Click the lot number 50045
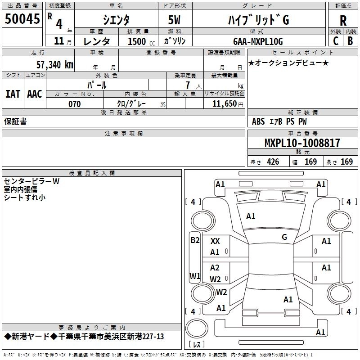tap(22, 19)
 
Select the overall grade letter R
tap(343, 21)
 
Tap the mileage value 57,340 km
tap(54, 65)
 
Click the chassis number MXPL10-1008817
tap(302, 143)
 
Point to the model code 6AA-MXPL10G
tap(258, 41)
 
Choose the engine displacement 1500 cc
tap(141, 41)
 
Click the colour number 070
tap(75, 104)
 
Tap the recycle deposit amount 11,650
tap(224, 104)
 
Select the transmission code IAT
tap(13, 94)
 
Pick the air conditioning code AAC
tap(35, 94)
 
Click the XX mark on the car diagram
tap(215, 241)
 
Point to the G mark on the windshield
tap(284, 237)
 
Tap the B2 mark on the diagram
tap(195, 240)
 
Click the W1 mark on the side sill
tap(195, 276)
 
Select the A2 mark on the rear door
tap(215, 268)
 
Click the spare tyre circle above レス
tap(197, 328)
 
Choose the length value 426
tap(273, 162)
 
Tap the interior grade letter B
tap(350, 41)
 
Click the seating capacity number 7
tap(188, 85)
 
